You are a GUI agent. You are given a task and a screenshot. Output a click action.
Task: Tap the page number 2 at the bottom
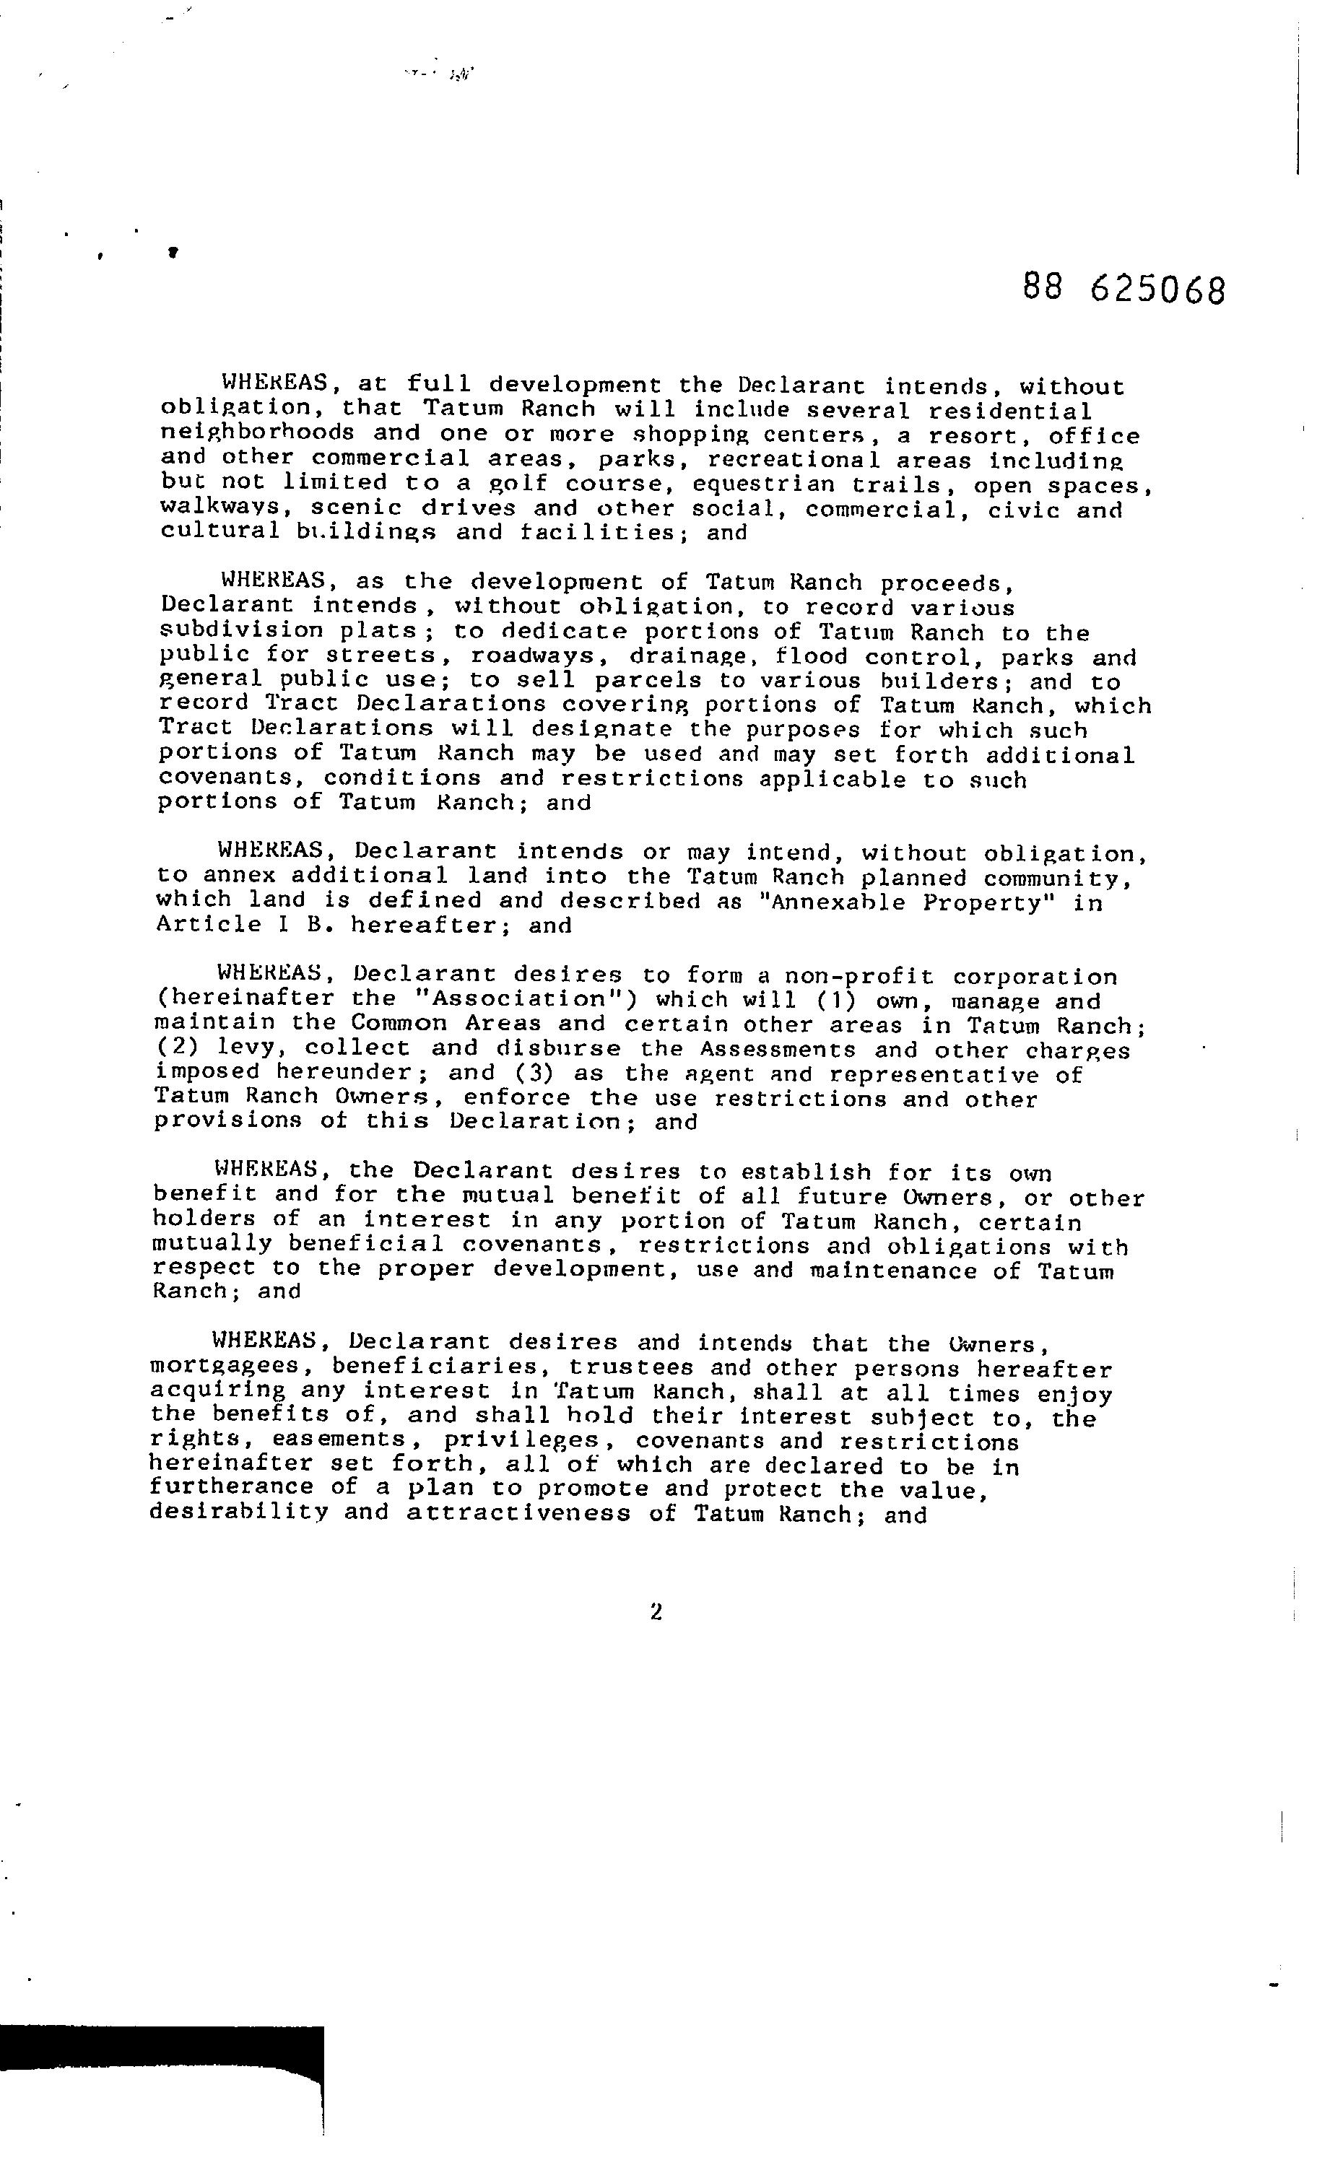656,1611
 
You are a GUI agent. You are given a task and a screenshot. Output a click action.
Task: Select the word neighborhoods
258,434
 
